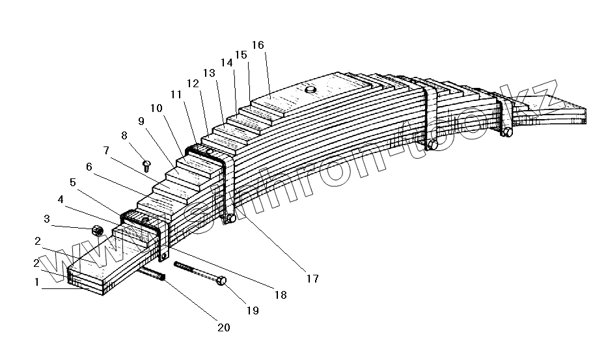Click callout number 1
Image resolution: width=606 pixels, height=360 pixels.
click(37, 283)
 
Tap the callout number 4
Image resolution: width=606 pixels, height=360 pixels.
click(61, 198)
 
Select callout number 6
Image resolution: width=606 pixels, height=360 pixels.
click(89, 167)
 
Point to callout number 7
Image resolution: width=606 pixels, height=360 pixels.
click(106, 151)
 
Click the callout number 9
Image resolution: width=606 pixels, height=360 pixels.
click(141, 120)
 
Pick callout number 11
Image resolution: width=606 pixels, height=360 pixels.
click(176, 94)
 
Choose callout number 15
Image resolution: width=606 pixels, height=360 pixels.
click(241, 55)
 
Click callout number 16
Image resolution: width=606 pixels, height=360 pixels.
click(257, 45)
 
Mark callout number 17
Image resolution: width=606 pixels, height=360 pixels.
click(312, 279)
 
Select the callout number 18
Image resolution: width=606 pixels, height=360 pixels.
click(280, 294)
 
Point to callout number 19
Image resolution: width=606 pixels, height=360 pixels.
click(252, 311)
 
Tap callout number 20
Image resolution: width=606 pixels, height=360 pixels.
click(223, 327)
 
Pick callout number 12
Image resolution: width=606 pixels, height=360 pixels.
click(193, 83)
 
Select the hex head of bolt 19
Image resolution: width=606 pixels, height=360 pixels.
click(221, 281)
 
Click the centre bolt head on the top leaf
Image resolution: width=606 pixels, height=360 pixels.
click(310, 89)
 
